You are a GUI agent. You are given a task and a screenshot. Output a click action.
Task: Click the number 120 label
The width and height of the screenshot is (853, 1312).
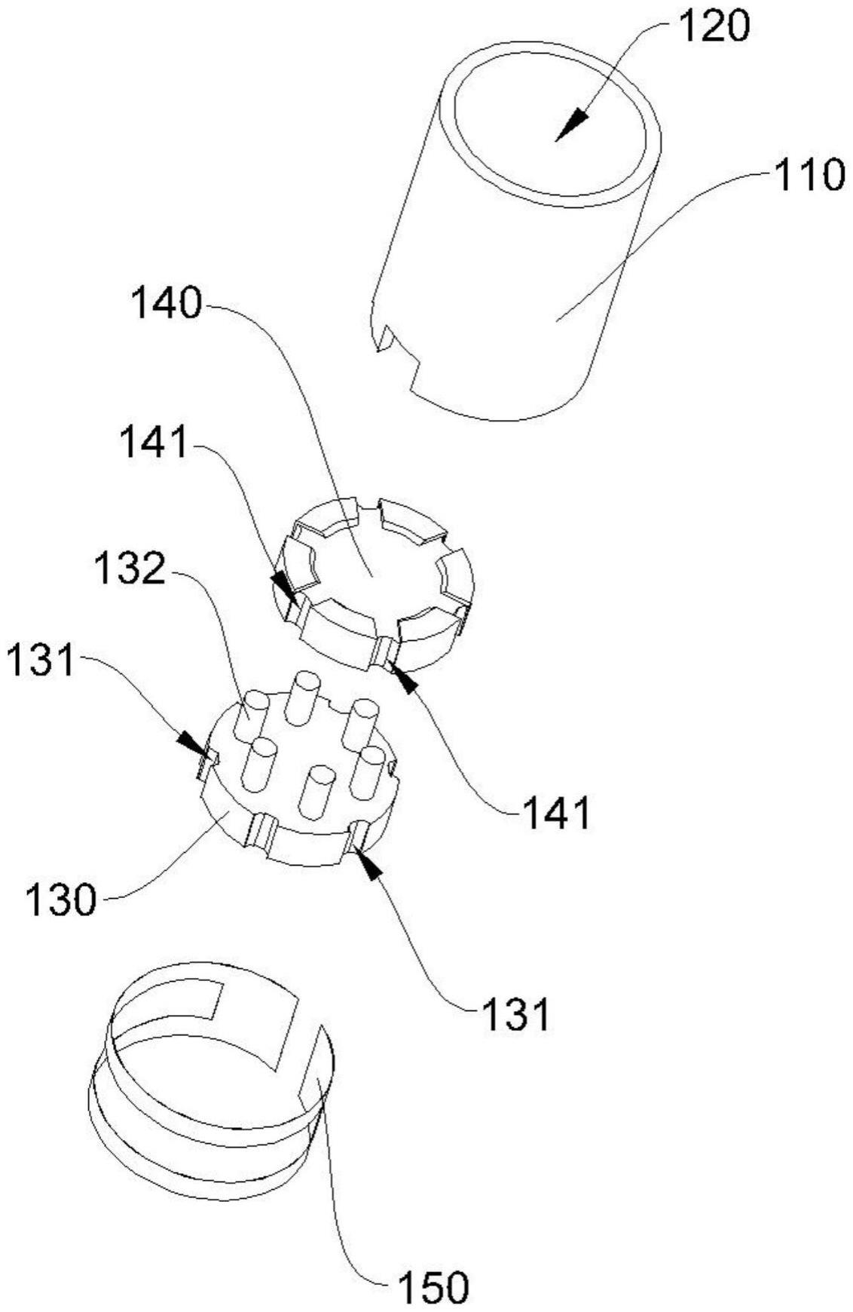pyautogui.click(x=714, y=28)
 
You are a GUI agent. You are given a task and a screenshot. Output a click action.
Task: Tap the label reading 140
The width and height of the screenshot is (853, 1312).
pyautogui.click(x=167, y=305)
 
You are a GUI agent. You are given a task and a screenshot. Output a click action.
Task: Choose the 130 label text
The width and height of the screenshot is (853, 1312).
pyautogui.click(x=61, y=900)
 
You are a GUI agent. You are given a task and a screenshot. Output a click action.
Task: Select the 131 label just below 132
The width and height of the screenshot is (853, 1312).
pyautogui.click(x=42, y=662)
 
